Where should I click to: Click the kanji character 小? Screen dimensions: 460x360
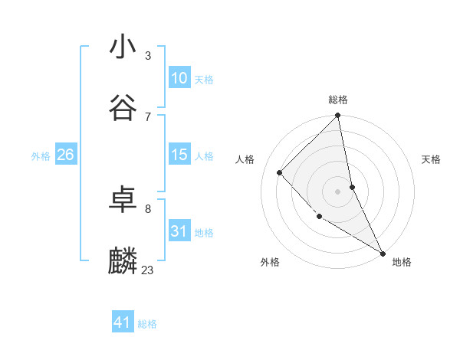coord(123,47)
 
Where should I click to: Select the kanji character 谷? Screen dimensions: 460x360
coord(123,107)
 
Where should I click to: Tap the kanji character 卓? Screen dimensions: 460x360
coord(123,200)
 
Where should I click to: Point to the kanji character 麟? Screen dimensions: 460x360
coord(123,260)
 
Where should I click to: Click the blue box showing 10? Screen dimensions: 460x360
coord(179,78)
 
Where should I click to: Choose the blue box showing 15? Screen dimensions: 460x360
coord(179,155)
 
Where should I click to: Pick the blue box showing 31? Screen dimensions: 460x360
coord(179,231)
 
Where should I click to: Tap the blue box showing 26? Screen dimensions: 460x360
coord(65,155)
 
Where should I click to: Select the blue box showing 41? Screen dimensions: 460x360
coord(123,323)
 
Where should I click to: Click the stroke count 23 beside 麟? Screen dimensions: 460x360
coord(147,270)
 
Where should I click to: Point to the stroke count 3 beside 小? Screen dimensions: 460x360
coord(147,56)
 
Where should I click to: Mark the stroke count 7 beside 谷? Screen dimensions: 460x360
coord(147,116)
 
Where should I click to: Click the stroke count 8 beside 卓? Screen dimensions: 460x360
coord(147,208)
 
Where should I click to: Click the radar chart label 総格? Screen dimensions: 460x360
coord(338,100)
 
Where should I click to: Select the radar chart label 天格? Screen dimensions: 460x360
coord(431,159)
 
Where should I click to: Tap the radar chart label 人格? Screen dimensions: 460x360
coord(245,159)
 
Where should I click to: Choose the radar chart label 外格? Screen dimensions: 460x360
coord(270,262)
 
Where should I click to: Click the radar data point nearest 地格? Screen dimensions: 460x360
coord(383,253)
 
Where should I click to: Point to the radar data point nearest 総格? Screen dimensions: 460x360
coord(338,116)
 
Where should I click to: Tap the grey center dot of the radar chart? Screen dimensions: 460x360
coord(338,191)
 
